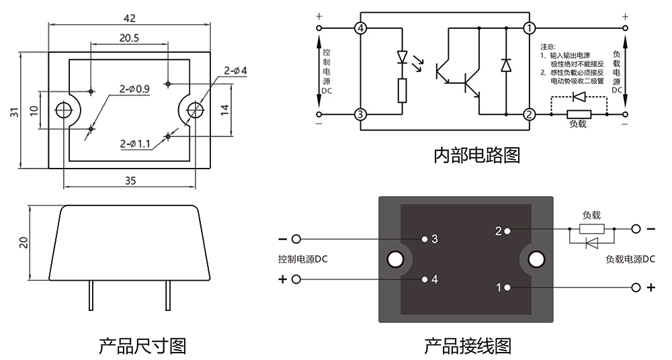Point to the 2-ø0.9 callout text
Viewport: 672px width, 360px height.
135,88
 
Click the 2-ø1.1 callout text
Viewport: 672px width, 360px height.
136,143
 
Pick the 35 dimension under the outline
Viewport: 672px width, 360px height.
130,180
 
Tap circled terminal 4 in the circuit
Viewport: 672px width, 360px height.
361,28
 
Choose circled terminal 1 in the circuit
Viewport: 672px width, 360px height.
530,28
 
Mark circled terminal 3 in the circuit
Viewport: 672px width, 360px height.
361,114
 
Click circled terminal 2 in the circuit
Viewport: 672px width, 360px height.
530,114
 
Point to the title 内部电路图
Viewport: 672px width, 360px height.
476,155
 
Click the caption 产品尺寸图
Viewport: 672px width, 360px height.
142,346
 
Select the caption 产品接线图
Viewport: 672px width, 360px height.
468,346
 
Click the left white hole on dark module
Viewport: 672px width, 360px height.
395,259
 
